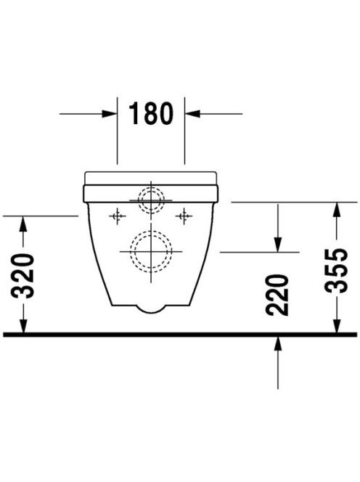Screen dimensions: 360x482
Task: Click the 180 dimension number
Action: coord(151,113)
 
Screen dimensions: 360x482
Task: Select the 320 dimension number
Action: coord(22,276)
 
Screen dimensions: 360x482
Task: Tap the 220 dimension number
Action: coord(277,295)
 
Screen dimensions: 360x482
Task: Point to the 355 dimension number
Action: coord(336,271)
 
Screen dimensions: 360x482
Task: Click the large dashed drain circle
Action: coord(151,231)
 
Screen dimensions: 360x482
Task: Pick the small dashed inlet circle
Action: coord(151,187)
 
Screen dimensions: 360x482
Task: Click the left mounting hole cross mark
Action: coord(117,216)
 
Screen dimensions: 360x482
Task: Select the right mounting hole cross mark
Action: coord(184,216)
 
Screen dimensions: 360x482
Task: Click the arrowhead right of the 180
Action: coord(192,114)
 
